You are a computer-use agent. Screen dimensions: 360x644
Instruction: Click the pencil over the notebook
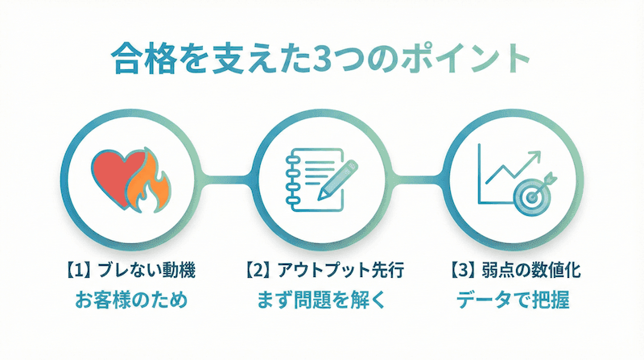coord(339,179)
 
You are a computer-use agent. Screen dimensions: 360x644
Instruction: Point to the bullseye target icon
coord(532,192)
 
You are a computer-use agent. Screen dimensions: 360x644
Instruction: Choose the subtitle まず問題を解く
coord(321,300)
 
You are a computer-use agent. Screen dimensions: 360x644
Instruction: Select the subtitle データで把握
coord(514,300)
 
